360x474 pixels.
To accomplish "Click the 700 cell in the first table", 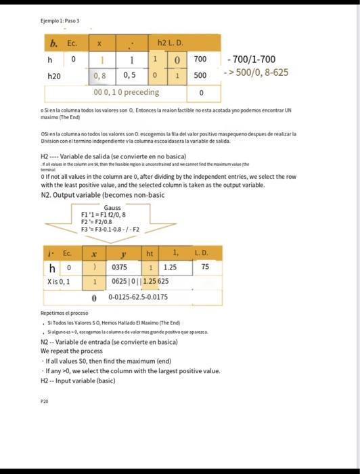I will pos(200,60).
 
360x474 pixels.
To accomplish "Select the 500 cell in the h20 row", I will pos(200,76).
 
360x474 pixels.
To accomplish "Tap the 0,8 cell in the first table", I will pos(100,76).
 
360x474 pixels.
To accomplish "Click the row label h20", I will pos(53,76).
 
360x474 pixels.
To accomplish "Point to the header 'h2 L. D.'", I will pos(170,44).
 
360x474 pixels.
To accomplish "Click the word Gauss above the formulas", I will pos(112,207).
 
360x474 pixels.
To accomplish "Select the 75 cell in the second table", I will pos(206,267).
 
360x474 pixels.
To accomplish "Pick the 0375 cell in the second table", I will pos(120,267).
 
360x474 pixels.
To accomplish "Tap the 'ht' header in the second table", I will pos(150,253).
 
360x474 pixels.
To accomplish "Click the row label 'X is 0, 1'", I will pos(60,281).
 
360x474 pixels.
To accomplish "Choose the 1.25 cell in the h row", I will pos(169,267).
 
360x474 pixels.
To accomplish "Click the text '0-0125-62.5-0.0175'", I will pos(138,297).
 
